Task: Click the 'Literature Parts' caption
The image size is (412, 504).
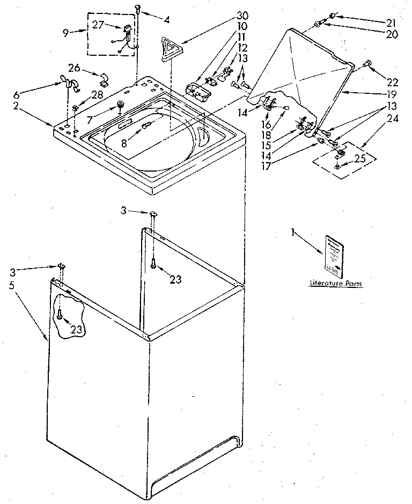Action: [x=335, y=283]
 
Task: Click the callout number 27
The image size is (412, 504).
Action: [x=99, y=24]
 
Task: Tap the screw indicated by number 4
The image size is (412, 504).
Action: [x=138, y=8]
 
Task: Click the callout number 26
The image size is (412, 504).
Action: [x=75, y=68]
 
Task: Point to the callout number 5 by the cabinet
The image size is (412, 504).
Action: [x=12, y=285]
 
